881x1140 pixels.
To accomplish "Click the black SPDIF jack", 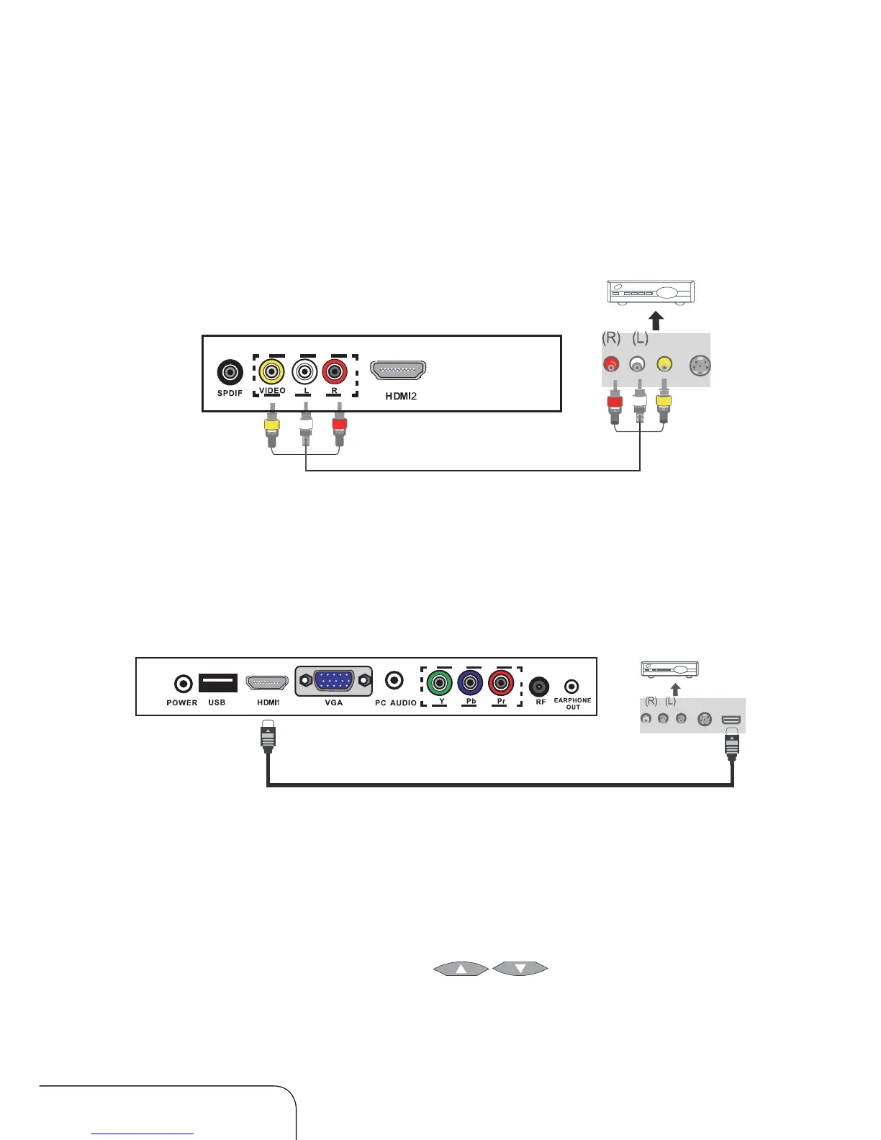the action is (x=230, y=372).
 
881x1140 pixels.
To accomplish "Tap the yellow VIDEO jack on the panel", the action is (x=272, y=372).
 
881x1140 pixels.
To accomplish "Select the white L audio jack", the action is (x=305, y=372).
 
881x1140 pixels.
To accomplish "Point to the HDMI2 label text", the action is (x=401, y=396).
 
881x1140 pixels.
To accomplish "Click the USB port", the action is (x=217, y=682).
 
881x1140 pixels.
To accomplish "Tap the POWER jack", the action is (x=184, y=684).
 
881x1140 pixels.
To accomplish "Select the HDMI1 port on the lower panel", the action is (x=267, y=682).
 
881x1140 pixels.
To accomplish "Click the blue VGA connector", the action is (x=333, y=680).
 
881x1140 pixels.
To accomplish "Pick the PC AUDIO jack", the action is (x=394, y=680).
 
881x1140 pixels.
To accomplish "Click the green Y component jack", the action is (x=439, y=682).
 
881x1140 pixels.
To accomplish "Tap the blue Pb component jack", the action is (x=470, y=682).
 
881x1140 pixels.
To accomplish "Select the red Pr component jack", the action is (x=501, y=682).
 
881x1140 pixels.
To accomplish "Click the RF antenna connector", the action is (x=539, y=687).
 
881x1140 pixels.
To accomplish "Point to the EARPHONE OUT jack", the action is (x=571, y=687).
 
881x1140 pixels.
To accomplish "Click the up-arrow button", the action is (x=461, y=969).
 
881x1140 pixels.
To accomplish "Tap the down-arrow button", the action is (x=520, y=969).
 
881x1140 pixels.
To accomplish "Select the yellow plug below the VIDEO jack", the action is (x=271, y=425).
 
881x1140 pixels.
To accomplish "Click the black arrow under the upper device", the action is (x=655, y=320).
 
